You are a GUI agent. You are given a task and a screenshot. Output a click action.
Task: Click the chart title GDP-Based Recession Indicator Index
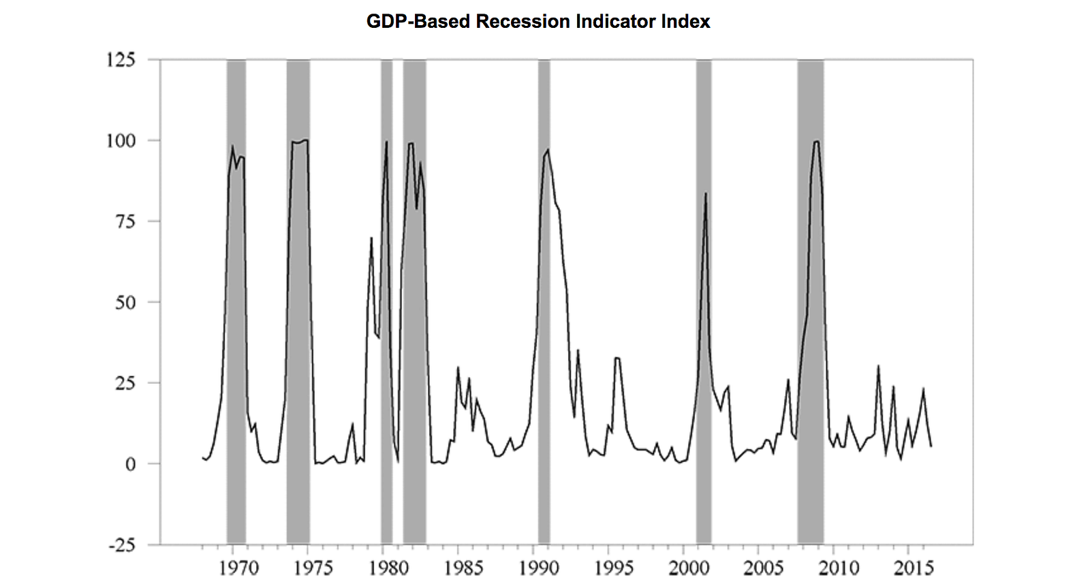click(x=538, y=22)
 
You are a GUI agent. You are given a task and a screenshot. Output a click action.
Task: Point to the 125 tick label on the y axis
click(x=121, y=60)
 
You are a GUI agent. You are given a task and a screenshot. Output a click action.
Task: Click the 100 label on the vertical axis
click(x=121, y=141)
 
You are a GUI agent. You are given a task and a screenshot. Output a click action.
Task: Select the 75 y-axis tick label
click(x=125, y=222)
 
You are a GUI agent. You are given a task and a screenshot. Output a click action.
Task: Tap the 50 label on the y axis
click(x=125, y=303)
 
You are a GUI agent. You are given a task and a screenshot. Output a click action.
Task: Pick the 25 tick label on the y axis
click(x=125, y=383)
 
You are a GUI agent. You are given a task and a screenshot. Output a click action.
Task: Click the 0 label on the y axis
click(x=131, y=464)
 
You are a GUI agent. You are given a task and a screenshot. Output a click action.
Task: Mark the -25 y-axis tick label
click(x=122, y=545)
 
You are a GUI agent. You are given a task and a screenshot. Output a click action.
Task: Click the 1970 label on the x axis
click(x=238, y=568)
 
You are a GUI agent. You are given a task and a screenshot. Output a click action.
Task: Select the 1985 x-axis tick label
click(x=463, y=568)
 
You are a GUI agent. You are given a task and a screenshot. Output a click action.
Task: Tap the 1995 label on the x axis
click(x=614, y=568)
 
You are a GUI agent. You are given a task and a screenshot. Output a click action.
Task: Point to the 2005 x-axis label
click(x=764, y=568)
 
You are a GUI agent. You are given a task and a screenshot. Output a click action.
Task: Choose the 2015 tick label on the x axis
click(x=914, y=568)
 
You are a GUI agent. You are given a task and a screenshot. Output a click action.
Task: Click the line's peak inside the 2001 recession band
click(x=706, y=194)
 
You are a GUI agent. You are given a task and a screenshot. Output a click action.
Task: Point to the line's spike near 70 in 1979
click(x=371, y=238)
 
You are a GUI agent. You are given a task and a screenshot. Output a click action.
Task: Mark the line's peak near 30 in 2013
click(x=878, y=366)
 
